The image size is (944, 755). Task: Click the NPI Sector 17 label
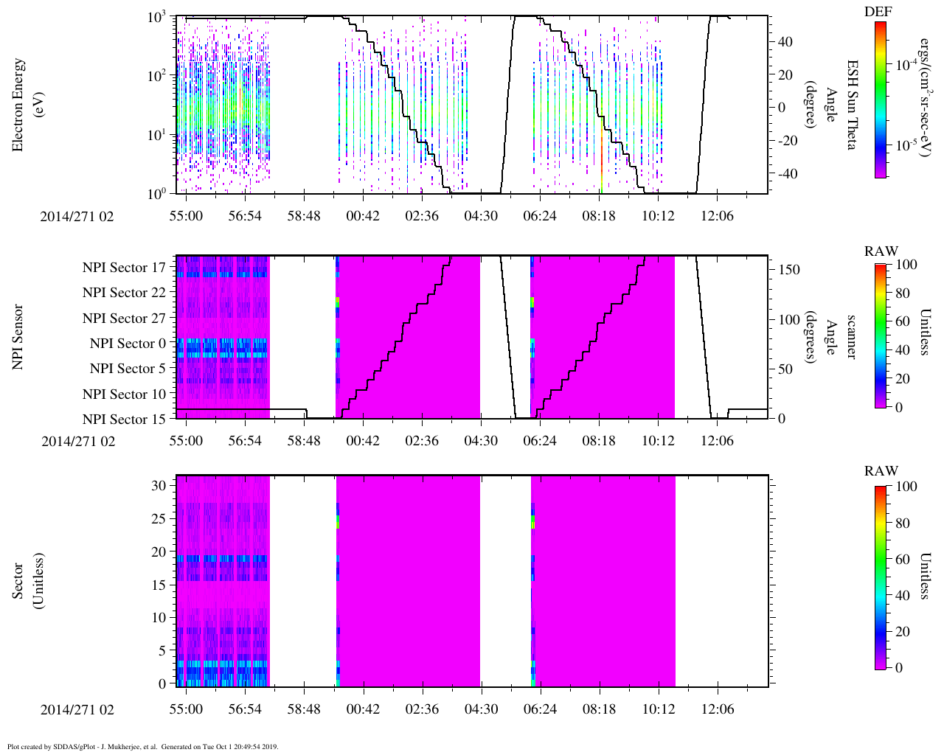pos(124,268)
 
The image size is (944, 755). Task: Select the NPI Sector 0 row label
pos(128,344)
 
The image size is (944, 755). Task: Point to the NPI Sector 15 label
pos(124,420)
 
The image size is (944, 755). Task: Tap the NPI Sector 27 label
pos(124,319)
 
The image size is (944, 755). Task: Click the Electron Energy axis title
pos(26,105)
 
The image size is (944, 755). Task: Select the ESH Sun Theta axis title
pos(850,105)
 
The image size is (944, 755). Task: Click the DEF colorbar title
pos(878,11)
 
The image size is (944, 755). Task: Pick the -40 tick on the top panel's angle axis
pos(785,174)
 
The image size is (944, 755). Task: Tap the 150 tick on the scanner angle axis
pos(789,270)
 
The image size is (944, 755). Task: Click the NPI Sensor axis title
pos(18,337)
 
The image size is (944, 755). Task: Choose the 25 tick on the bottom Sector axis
pos(158,519)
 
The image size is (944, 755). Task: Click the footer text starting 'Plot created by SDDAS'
pos(142,746)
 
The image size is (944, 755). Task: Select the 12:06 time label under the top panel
pos(717,215)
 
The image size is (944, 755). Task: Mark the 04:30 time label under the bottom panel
pos(481,709)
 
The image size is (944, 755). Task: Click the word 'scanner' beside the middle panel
pos(850,337)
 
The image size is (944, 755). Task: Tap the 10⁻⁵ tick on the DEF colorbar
pos(906,146)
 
